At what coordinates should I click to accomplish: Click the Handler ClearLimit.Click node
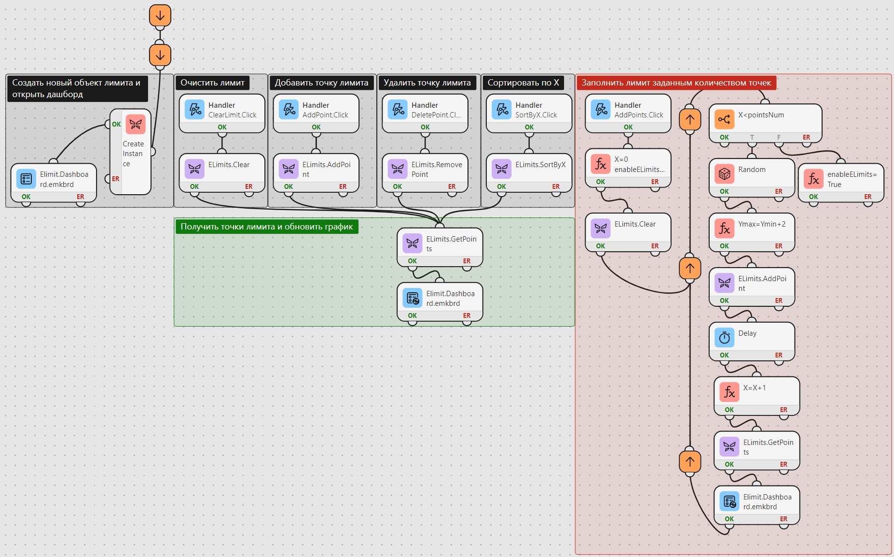point(222,114)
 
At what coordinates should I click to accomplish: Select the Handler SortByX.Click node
point(529,114)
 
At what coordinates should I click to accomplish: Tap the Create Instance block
point(130,152)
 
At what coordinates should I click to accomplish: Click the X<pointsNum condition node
point(765,123)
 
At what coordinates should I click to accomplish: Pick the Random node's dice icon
point(724,174)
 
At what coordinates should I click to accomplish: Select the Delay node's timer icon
point(724,338)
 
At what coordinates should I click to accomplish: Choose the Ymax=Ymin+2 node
point(752,232)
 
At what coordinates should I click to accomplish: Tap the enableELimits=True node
point(841,183)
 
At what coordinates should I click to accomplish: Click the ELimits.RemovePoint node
point(425,173)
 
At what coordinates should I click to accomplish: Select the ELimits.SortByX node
point(529,173)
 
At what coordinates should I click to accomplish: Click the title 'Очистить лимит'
point(212,83)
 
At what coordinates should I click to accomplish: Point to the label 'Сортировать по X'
point(523,83)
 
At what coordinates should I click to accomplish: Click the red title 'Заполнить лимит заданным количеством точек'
point(676,83)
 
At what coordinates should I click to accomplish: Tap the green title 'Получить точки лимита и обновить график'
point(267,227)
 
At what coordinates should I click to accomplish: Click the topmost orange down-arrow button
point(160,15)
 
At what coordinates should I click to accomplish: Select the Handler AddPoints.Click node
point(628,114)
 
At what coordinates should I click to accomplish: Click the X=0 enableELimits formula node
point(628,168)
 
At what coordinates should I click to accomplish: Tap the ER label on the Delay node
point(779,355)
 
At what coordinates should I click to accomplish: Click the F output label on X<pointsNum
point(779,137)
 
